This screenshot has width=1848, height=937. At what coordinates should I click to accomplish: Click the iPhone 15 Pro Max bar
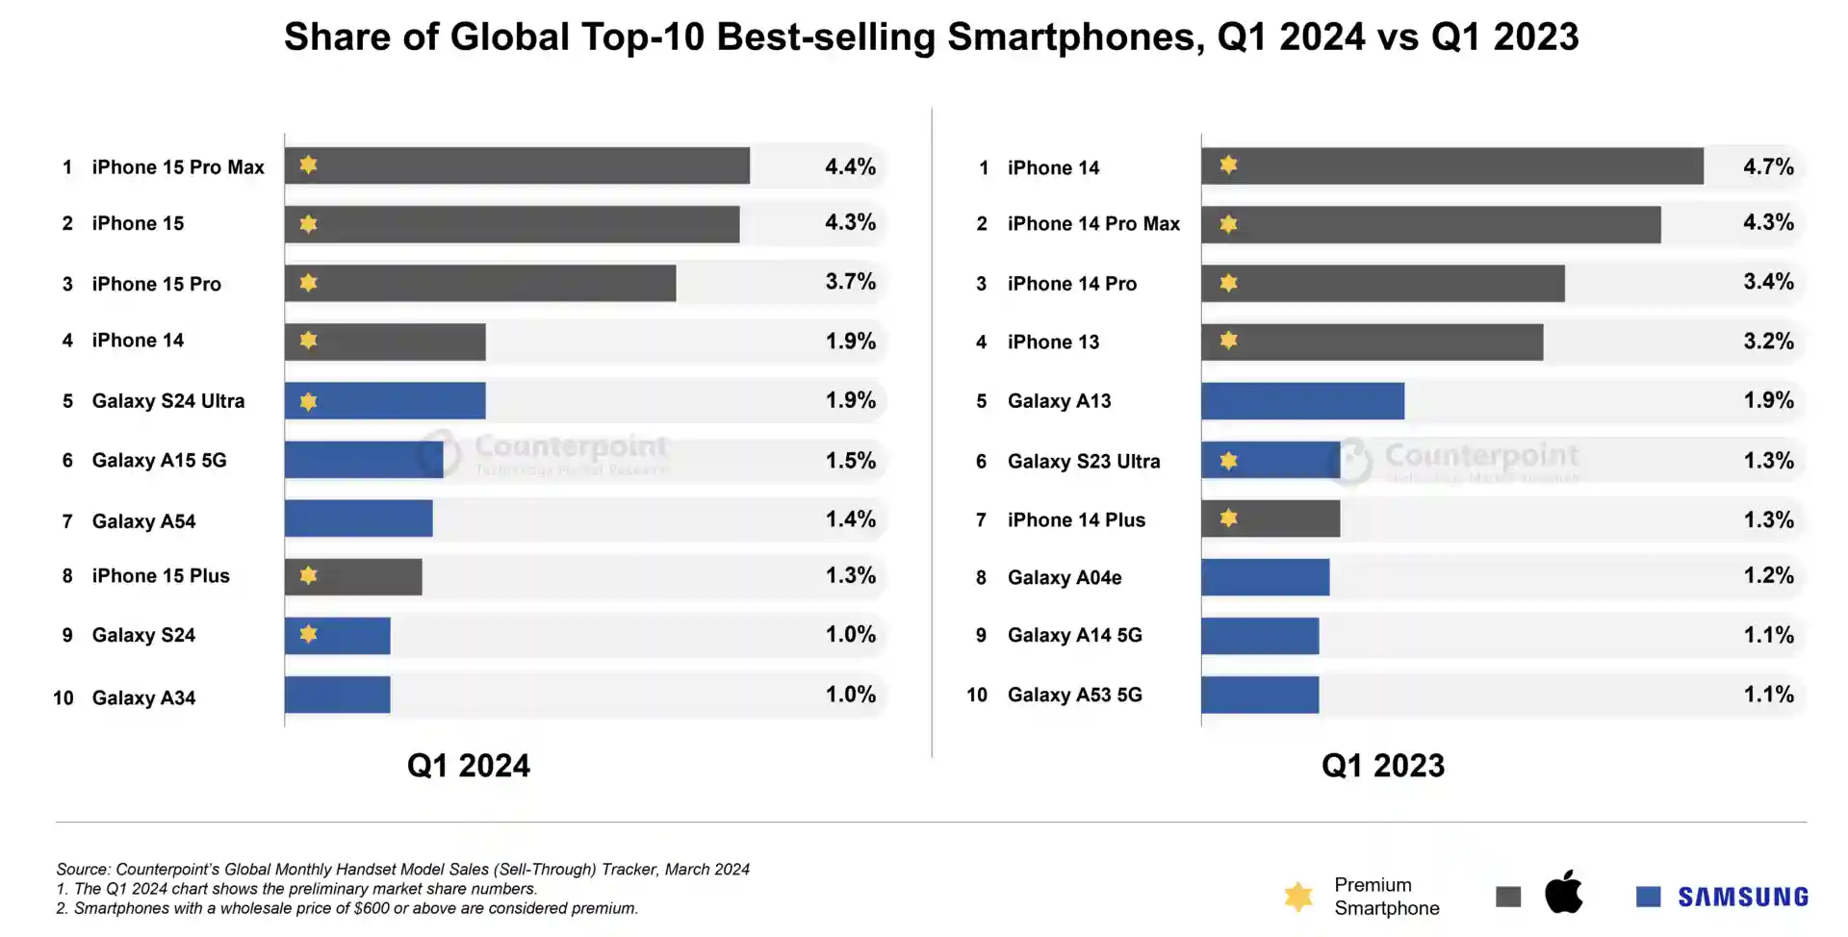tap(517, 165)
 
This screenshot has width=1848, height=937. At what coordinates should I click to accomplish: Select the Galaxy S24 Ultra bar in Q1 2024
tap(385, 400)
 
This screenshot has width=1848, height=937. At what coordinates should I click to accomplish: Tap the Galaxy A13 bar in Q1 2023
tap(1302, 400)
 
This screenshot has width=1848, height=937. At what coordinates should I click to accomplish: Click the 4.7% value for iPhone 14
tap(1768, 166)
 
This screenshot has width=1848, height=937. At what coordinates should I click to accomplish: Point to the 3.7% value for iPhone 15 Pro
tap(851, 282)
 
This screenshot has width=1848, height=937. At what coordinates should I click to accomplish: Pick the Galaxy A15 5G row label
tap(159, 460)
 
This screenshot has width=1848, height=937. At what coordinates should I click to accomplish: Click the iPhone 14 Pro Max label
tap(1093, 224)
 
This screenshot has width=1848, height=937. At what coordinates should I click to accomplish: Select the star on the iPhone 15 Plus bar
tap(308, 575)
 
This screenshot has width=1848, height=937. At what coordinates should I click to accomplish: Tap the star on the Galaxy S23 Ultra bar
tap(1228, 461)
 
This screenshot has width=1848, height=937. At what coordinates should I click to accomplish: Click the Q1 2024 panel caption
tap(468, 766)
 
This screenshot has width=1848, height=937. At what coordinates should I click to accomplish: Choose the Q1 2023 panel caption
tap(1382, 766)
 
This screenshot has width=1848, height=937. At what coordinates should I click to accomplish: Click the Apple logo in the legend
tap(1563, 892)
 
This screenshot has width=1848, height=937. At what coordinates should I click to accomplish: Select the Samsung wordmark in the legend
tap(1742, 897)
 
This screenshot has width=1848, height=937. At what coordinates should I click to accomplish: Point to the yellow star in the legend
tap(1298, 897)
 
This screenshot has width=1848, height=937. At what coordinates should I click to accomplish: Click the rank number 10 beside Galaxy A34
tap(64, 697)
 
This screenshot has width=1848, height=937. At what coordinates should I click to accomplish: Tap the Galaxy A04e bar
tap(1265, 577)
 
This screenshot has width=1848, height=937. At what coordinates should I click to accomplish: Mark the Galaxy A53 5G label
tap(1074, 695)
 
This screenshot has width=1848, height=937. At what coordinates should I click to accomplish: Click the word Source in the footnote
tap(82, 870)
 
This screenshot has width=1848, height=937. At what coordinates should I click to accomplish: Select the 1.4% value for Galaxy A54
tap(851, 519)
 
